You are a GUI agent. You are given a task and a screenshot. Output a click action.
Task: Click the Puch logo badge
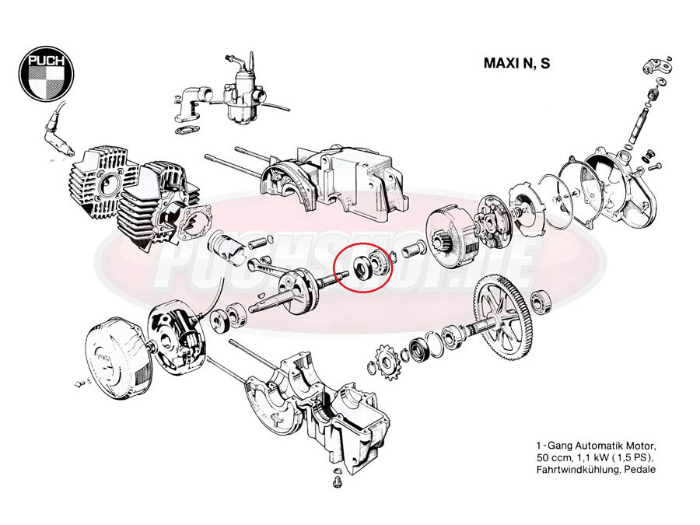[x=47, y=73]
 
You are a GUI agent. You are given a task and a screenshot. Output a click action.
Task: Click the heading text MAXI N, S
[x=516, y=64]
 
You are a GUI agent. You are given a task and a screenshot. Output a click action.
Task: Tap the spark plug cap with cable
[x=58, y=129]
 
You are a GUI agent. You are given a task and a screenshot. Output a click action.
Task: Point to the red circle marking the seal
[x=364, y=268]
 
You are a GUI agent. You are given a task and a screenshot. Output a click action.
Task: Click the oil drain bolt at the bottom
[x=337, y=481]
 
